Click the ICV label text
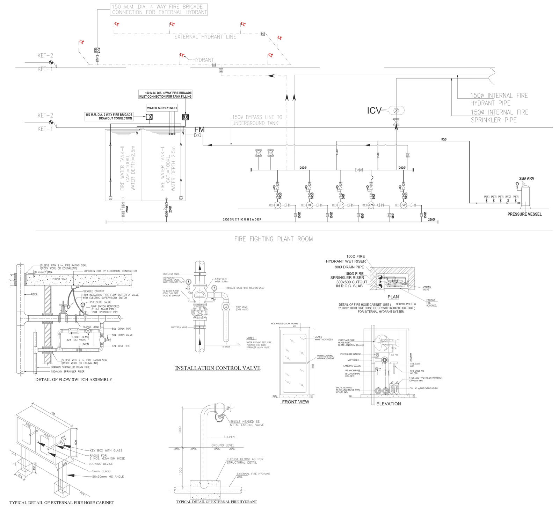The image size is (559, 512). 374,111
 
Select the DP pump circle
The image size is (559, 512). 278,205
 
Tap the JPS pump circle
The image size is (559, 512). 371,205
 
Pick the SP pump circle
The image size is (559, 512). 404,205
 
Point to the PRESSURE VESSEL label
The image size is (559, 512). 524,214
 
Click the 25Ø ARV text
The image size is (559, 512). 526,178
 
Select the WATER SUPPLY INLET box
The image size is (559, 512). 162,108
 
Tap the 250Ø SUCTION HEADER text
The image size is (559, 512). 242,219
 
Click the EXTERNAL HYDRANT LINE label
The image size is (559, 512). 205,37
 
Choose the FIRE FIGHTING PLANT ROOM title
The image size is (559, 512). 274,239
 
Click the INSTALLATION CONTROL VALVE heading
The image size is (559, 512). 217,368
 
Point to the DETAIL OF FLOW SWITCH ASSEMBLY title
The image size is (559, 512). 74,379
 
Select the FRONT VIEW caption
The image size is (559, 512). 295,402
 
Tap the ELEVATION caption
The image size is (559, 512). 389,404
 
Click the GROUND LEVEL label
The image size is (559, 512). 223,445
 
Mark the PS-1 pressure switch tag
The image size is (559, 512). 515,197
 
